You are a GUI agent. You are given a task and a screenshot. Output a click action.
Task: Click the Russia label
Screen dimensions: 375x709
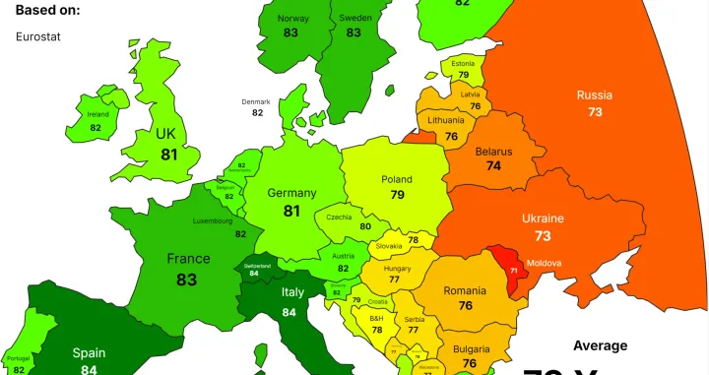(595, 95)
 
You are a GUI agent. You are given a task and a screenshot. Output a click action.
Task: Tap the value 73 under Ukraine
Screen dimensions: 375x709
(543, 237)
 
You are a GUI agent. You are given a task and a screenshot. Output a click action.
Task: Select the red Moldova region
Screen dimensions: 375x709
(512, 268)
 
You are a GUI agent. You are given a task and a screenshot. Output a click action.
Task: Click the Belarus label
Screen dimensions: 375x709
(493, 152)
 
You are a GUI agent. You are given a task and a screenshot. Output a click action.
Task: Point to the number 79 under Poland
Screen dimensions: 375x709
(397, 195)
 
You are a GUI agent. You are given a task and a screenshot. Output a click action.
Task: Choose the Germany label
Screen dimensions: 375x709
(291, 193)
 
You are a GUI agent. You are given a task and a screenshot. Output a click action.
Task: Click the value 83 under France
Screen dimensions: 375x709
(187, 280)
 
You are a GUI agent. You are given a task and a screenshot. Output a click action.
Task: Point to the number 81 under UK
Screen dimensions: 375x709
(168, 155)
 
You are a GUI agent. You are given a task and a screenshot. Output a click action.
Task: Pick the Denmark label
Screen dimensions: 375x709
(257, 101)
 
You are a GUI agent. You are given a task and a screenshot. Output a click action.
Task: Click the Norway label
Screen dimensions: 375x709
(292, 18)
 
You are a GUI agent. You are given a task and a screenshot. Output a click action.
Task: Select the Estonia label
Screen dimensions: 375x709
(463, 62)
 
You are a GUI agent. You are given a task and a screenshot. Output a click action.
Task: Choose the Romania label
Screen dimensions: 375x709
(464, 290)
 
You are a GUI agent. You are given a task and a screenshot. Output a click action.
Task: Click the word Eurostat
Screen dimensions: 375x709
(36, 36)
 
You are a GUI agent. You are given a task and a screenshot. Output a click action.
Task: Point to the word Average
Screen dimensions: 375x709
(600, 345)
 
